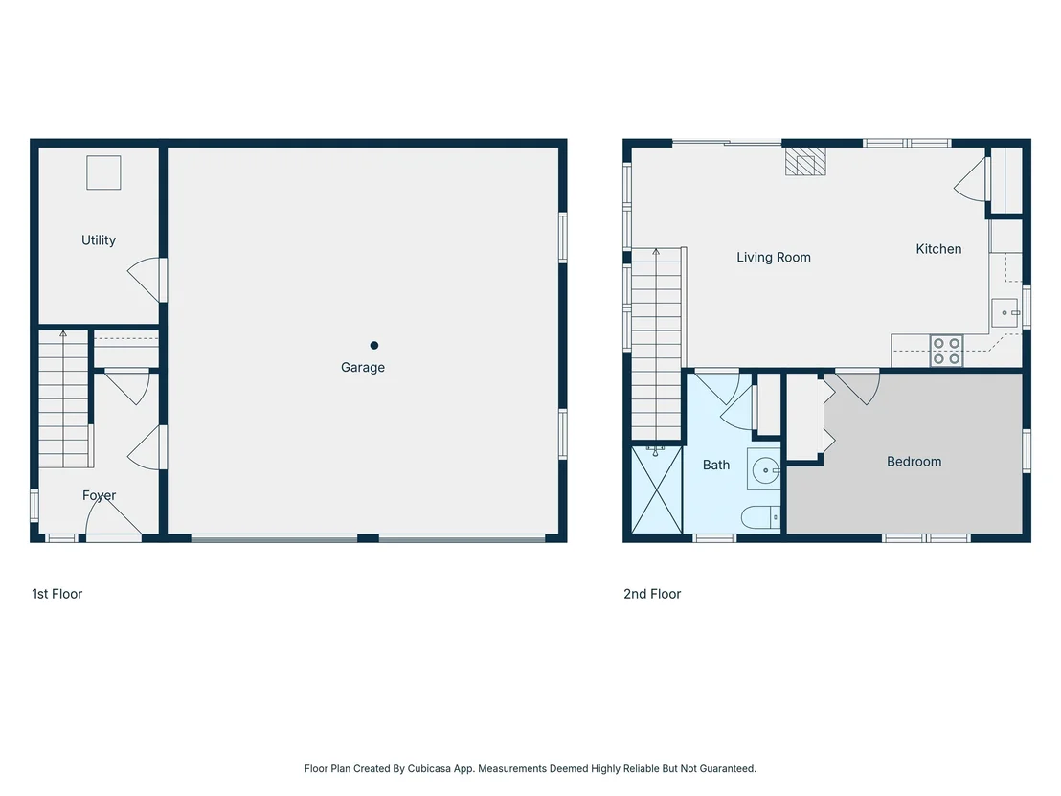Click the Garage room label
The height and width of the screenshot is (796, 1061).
363,368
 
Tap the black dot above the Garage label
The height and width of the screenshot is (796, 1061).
374,345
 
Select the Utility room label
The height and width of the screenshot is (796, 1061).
98,240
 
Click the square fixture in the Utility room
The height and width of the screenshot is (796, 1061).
103,172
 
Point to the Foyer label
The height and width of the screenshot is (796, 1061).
99,495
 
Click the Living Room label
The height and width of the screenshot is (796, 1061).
774,258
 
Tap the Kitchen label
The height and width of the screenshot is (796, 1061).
938,249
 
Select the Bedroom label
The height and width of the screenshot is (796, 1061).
914,462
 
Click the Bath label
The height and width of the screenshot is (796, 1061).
716,465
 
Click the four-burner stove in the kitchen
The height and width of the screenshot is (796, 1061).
946,351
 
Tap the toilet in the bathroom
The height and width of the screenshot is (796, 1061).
760,518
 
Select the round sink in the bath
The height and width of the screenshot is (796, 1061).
764,469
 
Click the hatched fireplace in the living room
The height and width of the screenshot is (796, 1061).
805,161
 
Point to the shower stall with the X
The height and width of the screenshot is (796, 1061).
656,489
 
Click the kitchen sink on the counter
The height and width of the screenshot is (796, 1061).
1005,312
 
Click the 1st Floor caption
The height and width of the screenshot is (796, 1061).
56,594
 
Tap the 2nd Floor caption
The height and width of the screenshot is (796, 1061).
651,594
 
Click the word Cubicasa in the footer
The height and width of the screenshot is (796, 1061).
429,768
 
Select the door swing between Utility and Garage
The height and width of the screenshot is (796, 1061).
145,280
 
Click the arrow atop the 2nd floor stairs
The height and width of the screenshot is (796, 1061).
656,253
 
